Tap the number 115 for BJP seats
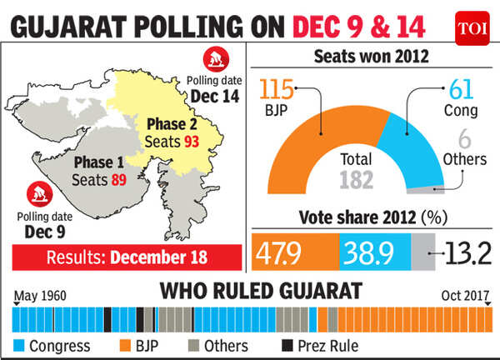pyautogui.click(x=279, y=90)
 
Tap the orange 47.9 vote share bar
pyautogui.click(x=294, y=250)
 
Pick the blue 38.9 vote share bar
pyautogui.click(x=374, y=250)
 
